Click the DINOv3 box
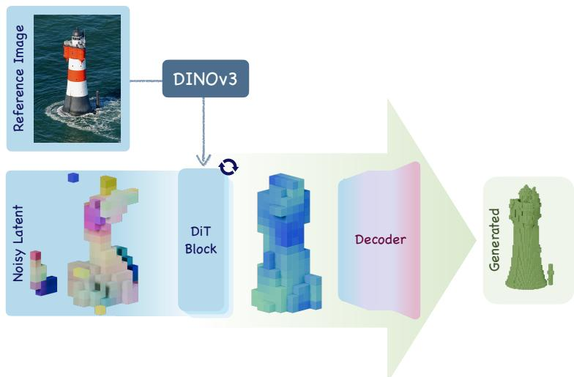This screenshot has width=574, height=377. coord(205,79)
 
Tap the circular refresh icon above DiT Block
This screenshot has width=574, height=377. coord(228,167)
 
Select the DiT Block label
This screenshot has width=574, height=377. coord(201,240)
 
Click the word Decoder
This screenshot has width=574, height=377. coord(381,239)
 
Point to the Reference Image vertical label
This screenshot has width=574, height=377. coord(19,78)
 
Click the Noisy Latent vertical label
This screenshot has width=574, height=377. coord(18,243)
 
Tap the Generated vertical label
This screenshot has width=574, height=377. coord(494,240)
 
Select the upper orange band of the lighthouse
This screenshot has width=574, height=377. coord(75,53)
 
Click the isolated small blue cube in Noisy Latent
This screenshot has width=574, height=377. coord(73,177)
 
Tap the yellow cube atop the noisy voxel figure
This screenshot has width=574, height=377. coord(108,185)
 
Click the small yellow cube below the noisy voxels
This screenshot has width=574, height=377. coord(100,310)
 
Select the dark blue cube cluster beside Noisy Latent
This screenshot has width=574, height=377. coord(47,285)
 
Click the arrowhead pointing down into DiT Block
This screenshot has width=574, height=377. coord(204,160)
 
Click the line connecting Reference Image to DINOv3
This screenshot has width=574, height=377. coord(146,81)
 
